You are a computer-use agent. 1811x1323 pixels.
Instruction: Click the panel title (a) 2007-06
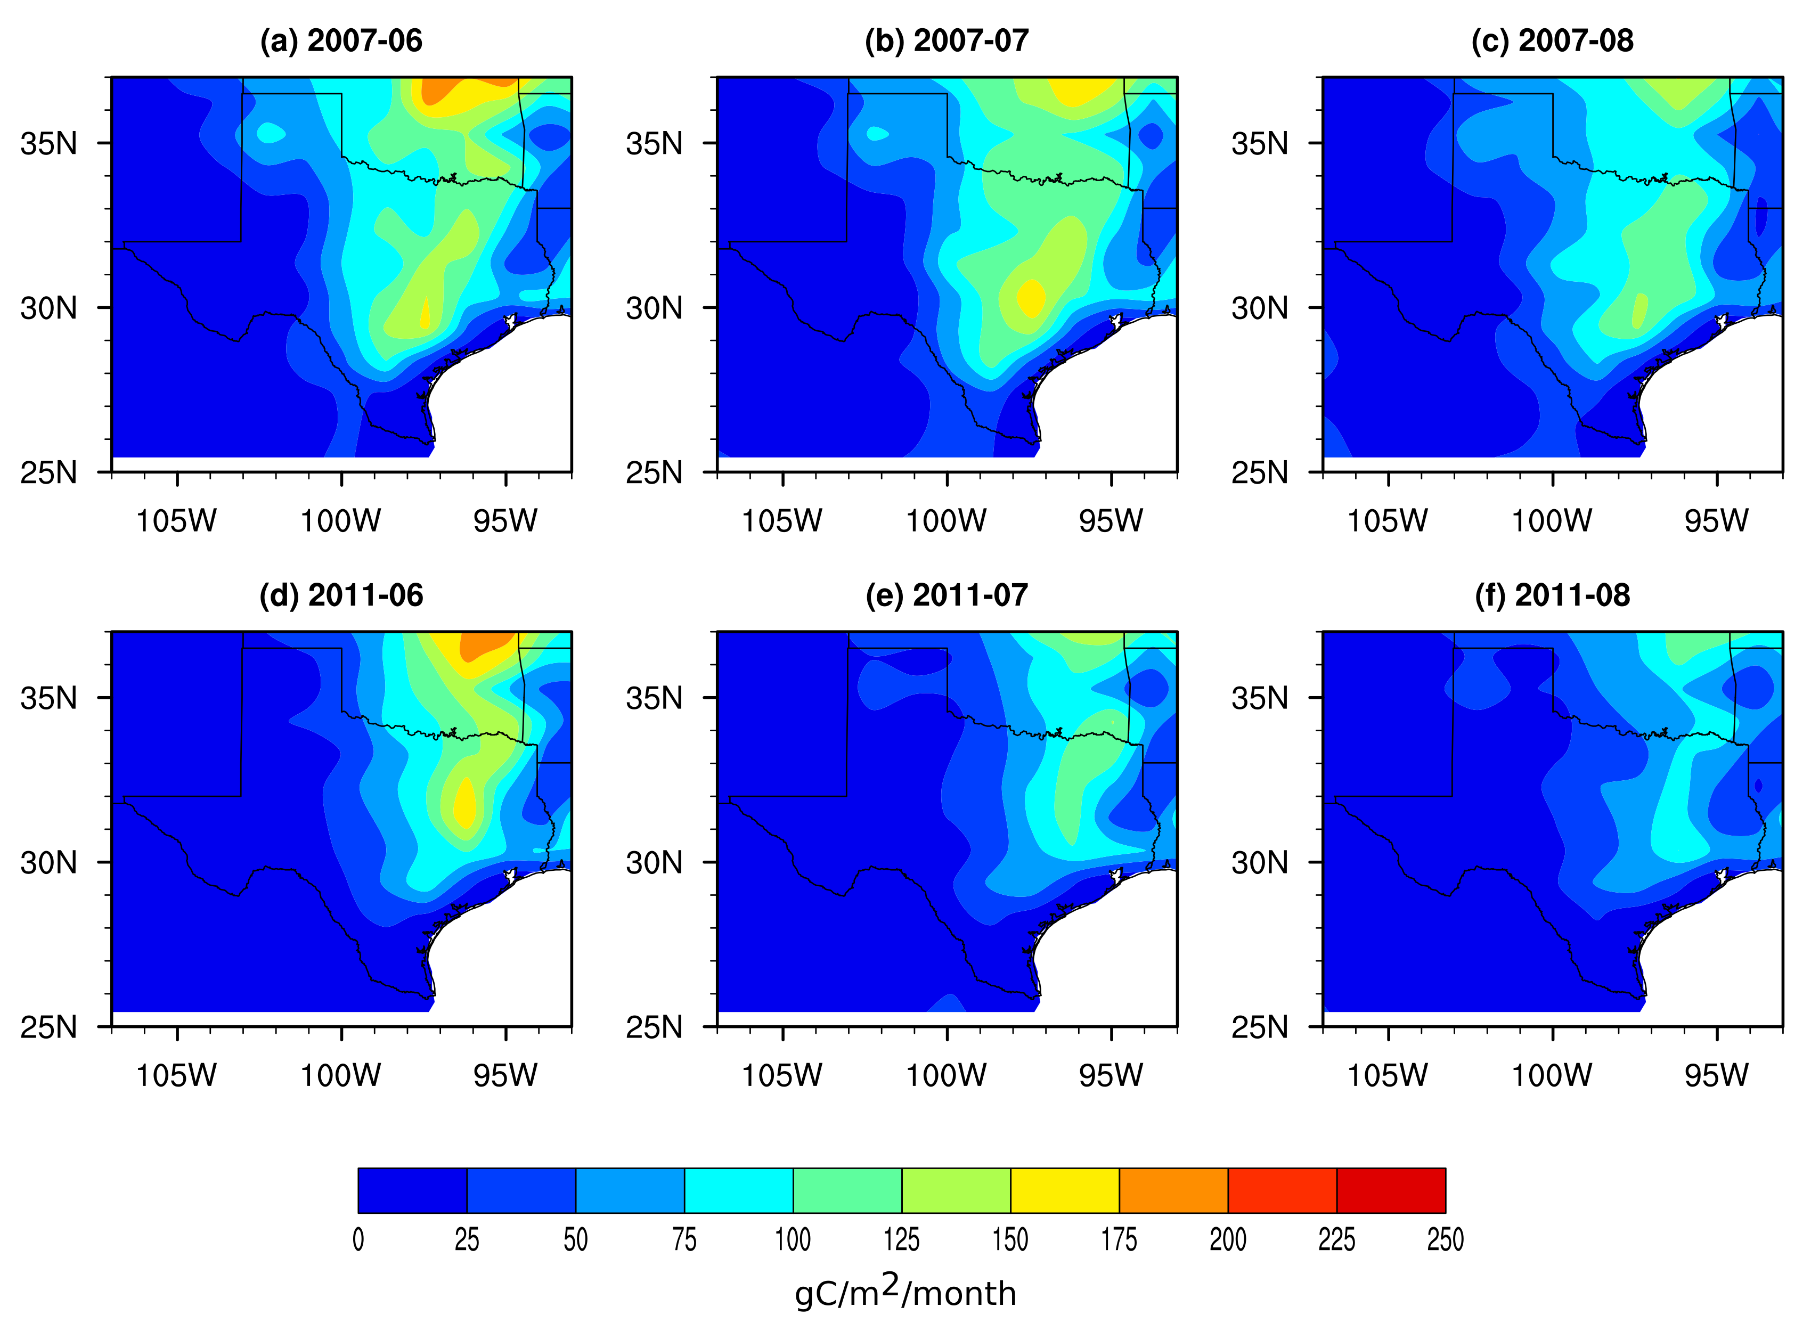click(341, 41)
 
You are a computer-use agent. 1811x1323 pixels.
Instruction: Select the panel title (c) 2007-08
click(1552, 41)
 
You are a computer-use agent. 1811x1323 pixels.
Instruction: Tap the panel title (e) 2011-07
click(947, 595)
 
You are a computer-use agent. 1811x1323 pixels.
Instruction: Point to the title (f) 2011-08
click(1552, 595)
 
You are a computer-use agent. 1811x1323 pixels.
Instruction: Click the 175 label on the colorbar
click(1119, 1240)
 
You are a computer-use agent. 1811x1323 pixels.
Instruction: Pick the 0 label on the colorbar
click(358, 1240)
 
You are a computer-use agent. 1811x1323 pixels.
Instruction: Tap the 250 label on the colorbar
click(1445, 1240)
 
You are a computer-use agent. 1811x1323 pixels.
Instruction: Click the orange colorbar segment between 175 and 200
click(1173, 1190)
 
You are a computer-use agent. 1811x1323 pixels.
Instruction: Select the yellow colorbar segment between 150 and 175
click(1064, 1190)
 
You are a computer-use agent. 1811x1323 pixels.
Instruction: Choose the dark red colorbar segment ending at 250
click(1391, 1190)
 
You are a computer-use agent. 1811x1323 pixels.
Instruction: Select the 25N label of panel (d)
click(50, 1027)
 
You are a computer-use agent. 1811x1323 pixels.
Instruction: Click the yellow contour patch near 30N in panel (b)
click(1031, 298)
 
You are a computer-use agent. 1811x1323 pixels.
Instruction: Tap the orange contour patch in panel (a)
click(437, 91)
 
